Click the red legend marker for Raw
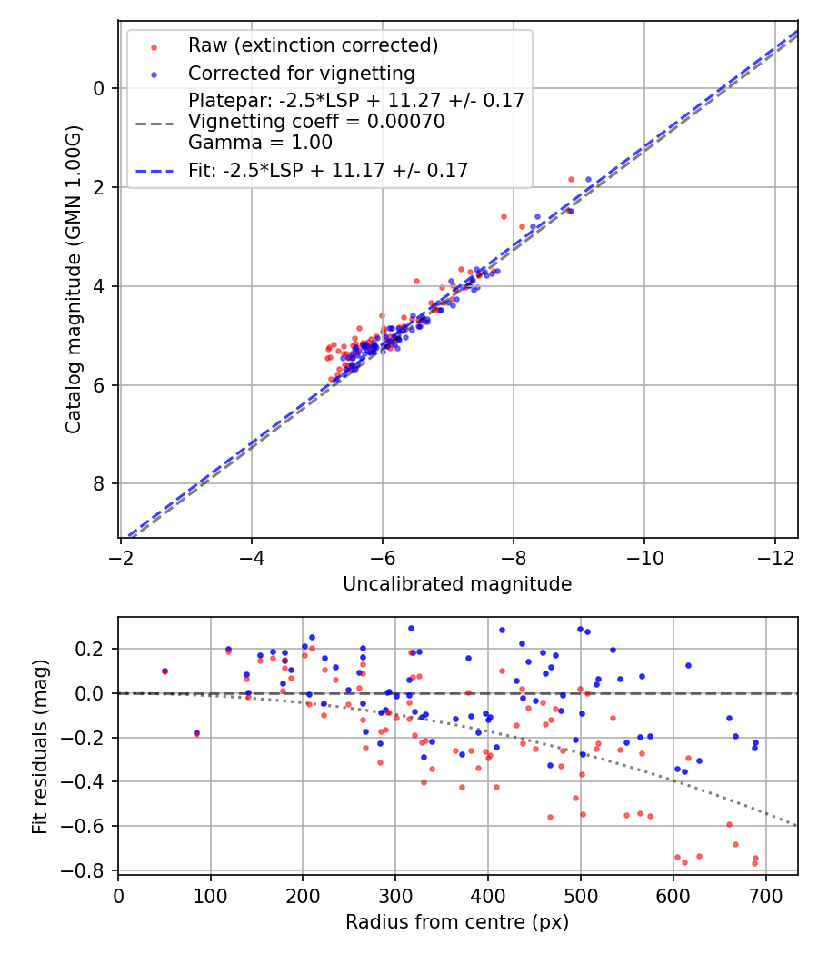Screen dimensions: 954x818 (x=154, y=45)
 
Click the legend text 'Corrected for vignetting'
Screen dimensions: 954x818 (x=301, y=74)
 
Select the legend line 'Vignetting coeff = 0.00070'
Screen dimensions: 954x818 (x=316, y=122)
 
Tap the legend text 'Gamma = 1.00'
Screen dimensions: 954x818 (x=260, y=143)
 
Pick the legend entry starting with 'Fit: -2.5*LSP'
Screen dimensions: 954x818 (x=328, y=171)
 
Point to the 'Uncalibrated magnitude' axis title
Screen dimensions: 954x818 (x=457, y=584)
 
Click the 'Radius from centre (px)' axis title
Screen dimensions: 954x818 (x=457, y=922)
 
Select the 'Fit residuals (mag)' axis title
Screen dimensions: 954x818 (x=39, y=747)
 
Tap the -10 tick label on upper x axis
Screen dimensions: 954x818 (x=644, y=556)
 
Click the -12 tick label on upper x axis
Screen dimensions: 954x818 (x=775, y=556)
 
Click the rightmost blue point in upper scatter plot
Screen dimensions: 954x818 (x=588, y=180)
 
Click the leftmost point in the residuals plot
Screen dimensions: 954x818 (x=165, y=671)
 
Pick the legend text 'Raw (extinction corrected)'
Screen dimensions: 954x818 (x=313, y=45)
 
